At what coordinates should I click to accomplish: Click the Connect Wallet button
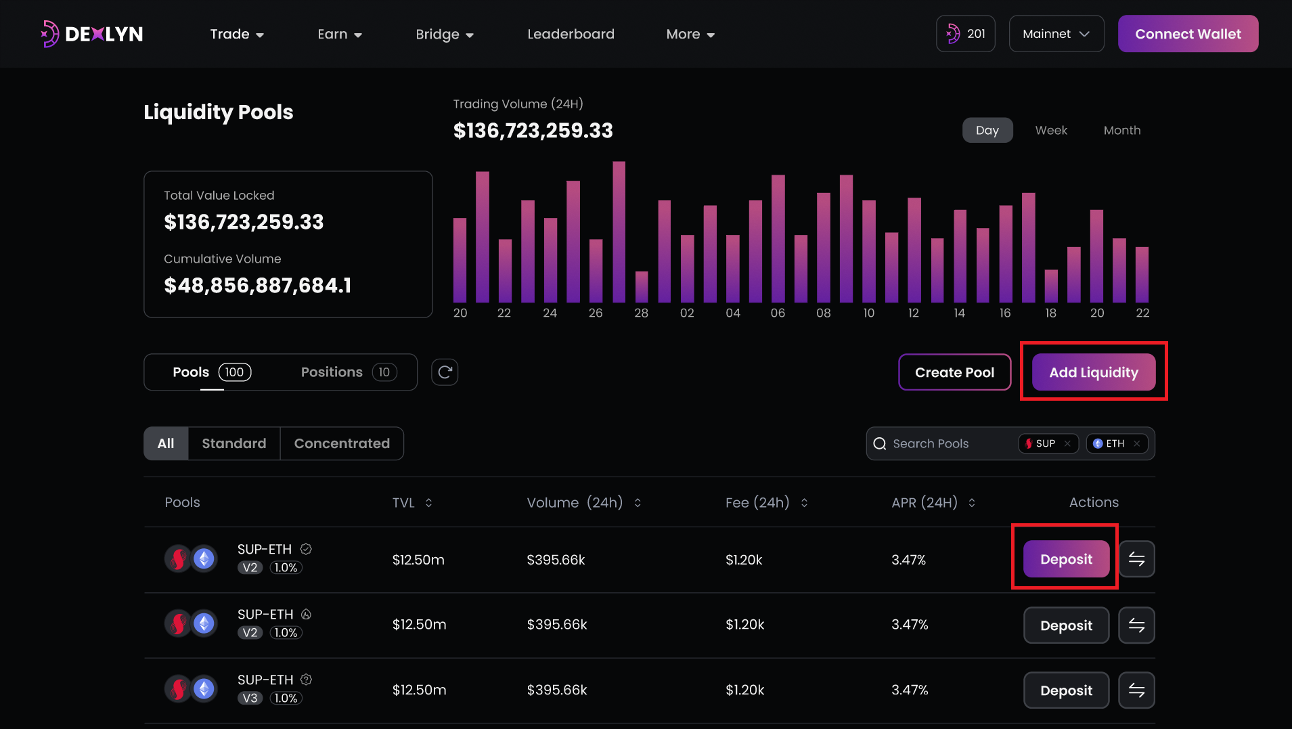click(1188, 34)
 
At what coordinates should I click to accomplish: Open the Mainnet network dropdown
click(1056, 34)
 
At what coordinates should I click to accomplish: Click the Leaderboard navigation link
click(571, 34)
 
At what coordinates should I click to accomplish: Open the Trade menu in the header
click(237, 34)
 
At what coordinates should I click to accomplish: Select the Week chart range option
click(1050, 130)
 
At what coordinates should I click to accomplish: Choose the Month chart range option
click(1121, 130)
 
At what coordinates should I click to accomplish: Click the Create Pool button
click(954, 372)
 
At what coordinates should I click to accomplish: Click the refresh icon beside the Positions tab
click(445, 372)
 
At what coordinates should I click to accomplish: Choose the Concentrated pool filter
click(342, 443)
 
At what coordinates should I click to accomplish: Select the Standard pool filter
click(233, 443)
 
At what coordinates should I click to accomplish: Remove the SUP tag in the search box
click(1067, 444)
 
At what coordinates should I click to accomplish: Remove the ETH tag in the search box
click(1137, 444)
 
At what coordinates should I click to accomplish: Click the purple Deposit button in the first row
click(1066, 559)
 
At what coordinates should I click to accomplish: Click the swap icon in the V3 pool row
click(1136, 690)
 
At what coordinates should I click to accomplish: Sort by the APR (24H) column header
click(933, 502)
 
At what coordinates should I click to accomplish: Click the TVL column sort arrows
click(428, 502)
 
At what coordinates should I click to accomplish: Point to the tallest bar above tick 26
click(619, 230)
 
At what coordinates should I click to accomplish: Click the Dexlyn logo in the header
click(92, 34)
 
